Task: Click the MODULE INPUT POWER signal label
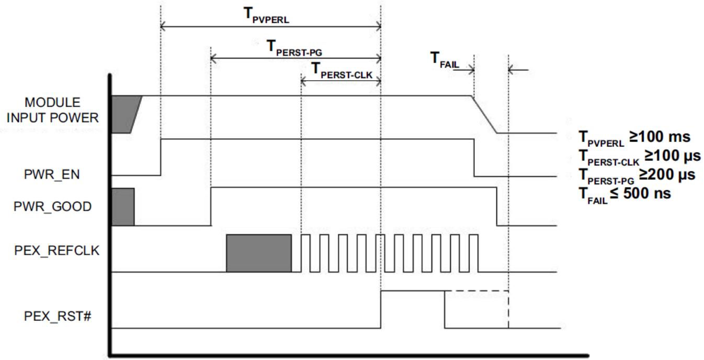52,110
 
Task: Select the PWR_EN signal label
52,174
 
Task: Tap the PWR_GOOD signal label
52,206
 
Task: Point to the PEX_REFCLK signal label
56,250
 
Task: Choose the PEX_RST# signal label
58,316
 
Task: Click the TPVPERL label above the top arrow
266,15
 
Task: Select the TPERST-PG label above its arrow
294,48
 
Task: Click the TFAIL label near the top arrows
445,60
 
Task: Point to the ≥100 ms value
660,137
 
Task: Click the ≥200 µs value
667,174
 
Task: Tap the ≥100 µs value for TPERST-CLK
673,156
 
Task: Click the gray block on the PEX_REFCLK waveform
259,253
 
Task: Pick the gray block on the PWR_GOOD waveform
123,207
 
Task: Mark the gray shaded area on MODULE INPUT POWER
125,114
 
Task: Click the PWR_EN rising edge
161,157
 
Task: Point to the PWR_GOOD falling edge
496,206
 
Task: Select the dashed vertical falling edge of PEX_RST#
508,309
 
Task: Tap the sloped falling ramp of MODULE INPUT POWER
484,114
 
